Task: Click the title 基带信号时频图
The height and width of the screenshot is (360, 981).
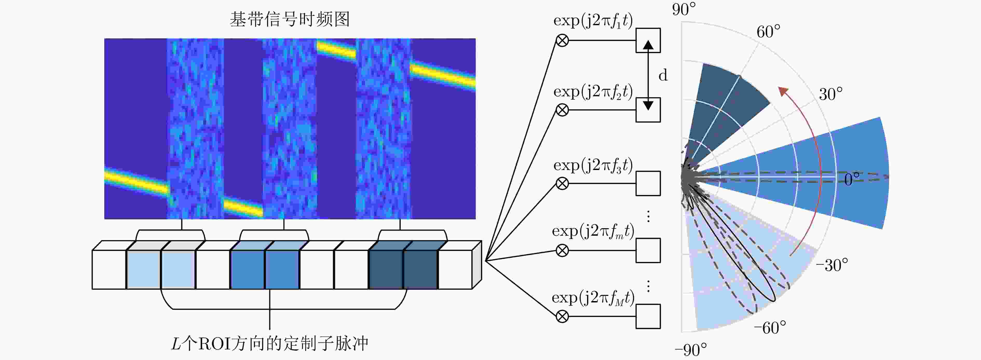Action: pos(289,19)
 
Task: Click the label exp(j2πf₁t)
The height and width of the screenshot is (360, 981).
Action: pos(593,21)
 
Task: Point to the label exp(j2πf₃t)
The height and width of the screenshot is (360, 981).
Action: pos(593,165)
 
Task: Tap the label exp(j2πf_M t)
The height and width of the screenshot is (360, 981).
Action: pos(593,298)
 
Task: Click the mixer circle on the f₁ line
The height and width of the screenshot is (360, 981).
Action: pos(562,40)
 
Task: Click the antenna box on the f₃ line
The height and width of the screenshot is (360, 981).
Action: pos(648,183)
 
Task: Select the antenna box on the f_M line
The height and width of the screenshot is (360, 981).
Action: pos(648,316)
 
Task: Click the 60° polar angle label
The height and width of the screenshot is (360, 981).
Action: pos(768,32)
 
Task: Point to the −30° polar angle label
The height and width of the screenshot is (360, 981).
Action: pos(832,265)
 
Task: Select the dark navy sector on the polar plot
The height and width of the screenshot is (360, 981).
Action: pos(724,114)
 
